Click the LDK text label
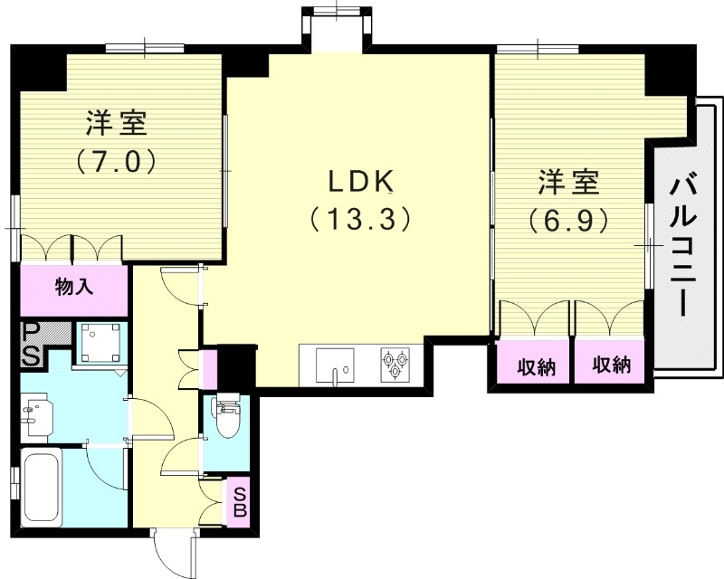click(359, 181)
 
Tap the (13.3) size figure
click(359, 219)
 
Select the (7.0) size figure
click(118, 160)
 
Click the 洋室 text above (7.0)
click(118, 122)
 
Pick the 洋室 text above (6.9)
click(568, 182)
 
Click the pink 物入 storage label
click(74, 289)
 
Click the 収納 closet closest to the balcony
click(612, 365)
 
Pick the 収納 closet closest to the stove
click(535, 366)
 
